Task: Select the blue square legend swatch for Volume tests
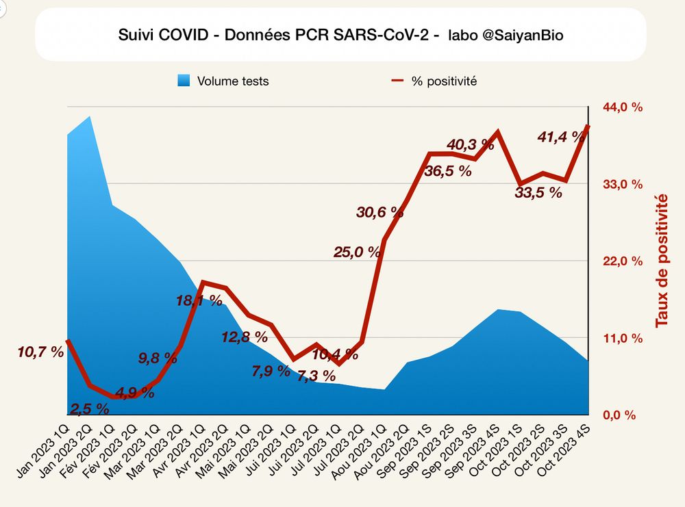[183, 81]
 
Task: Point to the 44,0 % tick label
[623, 107]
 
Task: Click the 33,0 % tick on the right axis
[623, 184]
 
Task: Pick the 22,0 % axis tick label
[623, 261]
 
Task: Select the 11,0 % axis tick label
[623, 338]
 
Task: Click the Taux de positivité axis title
[661, 260]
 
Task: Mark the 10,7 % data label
[40, 352]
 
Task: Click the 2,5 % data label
[89, 408]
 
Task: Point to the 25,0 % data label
[356, 252]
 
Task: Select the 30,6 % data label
[380, 212]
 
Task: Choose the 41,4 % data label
[561, 137]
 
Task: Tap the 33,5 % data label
[538, 192]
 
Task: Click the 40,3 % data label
[470, 144]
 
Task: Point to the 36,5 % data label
[447, 171]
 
